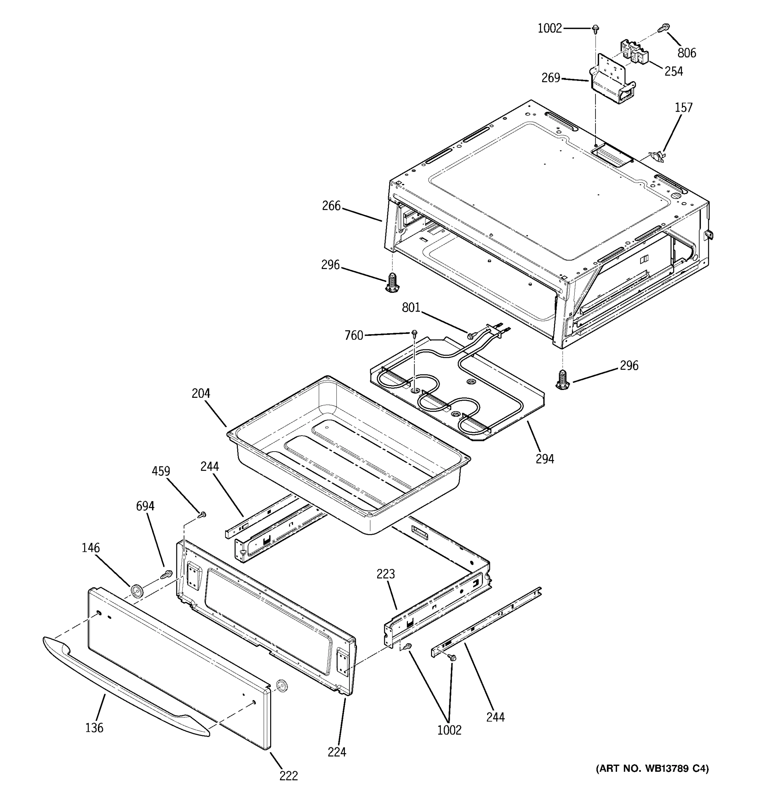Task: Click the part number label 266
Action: click(x=331, y=206)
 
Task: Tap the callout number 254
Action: click(x=673, y=71)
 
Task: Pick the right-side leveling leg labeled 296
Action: click(x=562, y=380)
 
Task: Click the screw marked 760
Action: click(x=414, y=334)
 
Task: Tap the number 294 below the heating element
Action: click(x=544, y=459)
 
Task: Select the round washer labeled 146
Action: click(x=137, y=591)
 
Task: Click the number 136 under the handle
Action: click(x=94, y=728)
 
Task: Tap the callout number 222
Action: click(x=288, y=776)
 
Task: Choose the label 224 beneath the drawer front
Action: click(x=337, y=752)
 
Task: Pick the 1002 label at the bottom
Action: click(x=449, y=730)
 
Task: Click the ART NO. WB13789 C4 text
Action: click(x=652, y=768)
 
